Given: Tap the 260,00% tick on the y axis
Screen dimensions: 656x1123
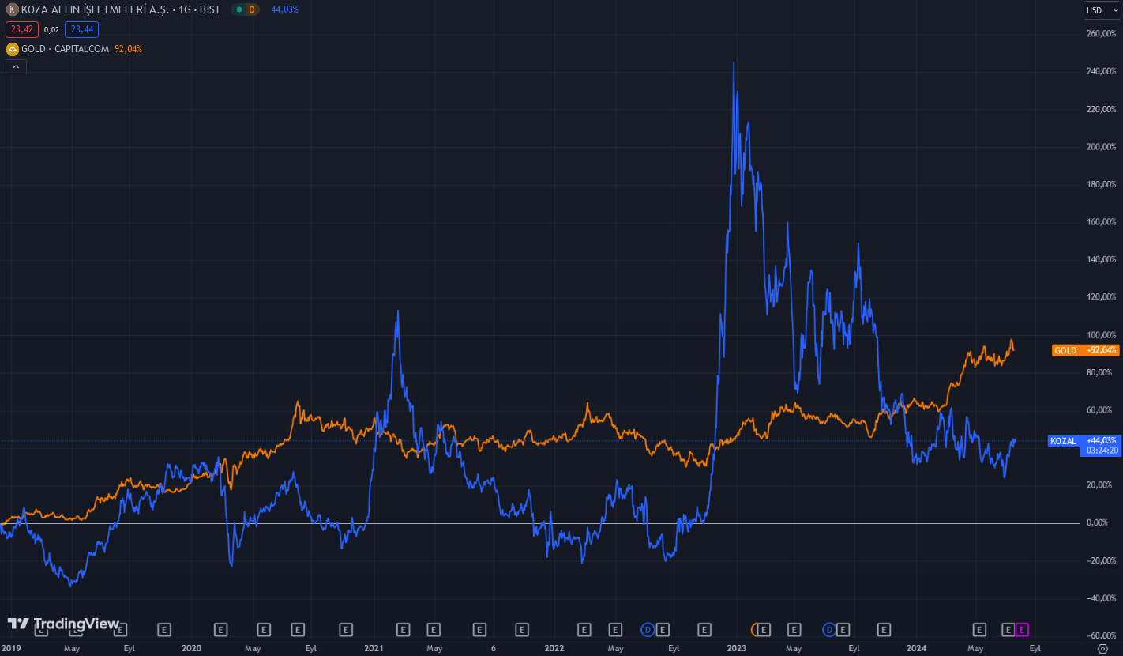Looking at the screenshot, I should tap(1101, 34).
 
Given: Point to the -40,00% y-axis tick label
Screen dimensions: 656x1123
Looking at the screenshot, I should tap(1100, 598).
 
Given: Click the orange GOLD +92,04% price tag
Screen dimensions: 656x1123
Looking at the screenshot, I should tap(1075, 350).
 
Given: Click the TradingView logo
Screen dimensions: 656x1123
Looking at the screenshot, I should tap(63, 624).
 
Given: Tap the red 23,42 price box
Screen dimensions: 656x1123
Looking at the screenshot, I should tap(21, 29).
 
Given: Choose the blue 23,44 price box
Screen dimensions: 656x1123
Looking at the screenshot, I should tap(81, 29).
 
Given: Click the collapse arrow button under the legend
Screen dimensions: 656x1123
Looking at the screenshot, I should tap(16, 67).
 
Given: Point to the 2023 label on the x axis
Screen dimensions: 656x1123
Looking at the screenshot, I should tap(736, 648).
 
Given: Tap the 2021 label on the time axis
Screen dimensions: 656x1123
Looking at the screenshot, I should tap(374, 648).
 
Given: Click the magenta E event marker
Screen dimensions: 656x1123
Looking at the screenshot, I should tap(1023, 630).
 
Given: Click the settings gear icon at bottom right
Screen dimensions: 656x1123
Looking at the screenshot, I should tap(1103, 648).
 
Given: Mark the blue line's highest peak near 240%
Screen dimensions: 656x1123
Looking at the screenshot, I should tap(734, 63).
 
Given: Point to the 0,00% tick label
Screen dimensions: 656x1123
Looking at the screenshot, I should tap(1102, 523).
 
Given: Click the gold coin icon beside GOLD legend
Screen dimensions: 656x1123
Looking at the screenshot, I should tap(12, 49).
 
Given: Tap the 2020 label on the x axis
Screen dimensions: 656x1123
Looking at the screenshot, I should tap(191, 648).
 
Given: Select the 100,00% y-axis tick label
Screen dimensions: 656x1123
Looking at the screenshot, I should tap(1101, 335).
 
